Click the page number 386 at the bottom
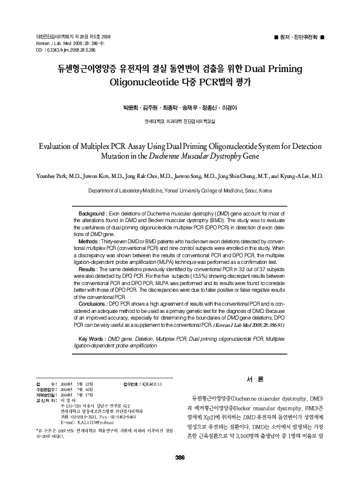coord(180,456)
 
